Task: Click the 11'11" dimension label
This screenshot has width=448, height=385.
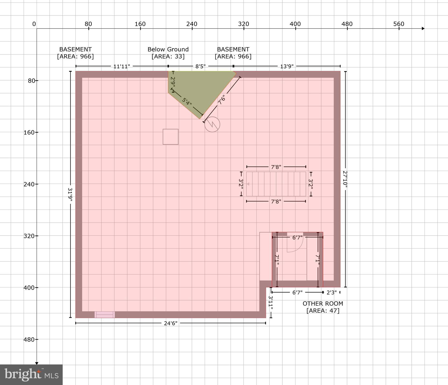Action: pyautogui.click(x=122, y=66)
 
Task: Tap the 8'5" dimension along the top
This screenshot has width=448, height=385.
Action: pyautogui.click(x=200, y=66)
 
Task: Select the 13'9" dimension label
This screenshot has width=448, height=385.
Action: pyautogui.click(x=287, y=66)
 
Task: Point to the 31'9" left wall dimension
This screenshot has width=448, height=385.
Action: pyautogui.click(x=70, y=195)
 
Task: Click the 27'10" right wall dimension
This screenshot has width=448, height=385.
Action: pyautogui.click(x=345, y=178)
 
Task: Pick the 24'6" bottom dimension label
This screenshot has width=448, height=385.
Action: pyautogui.click(x=171, y=323)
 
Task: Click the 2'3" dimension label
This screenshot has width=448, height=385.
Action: pyautogui.click(x=331, y=293)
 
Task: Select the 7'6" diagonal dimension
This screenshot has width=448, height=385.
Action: pyautogui.click(x=221, y=99)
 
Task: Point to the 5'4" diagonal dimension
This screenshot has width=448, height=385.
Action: pyautogui.click(x=187, y=102)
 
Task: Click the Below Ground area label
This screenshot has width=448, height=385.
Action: pyautogui.click(x=168, y=53)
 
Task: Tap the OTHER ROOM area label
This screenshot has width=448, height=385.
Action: pyautogui.click(x=323, y=307)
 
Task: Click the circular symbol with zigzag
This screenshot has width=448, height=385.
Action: pyautogui.click(x=212, y=124)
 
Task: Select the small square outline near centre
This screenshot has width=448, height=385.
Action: pyautogui.click(x=170, y=137)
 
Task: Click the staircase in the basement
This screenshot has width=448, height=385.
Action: pyautogui.click(x=276, y=184)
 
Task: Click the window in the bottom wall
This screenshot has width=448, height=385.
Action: pyautogui.click(x=105, y=315)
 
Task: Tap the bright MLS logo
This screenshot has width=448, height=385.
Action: pyautogui.click(x=31, y=375)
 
